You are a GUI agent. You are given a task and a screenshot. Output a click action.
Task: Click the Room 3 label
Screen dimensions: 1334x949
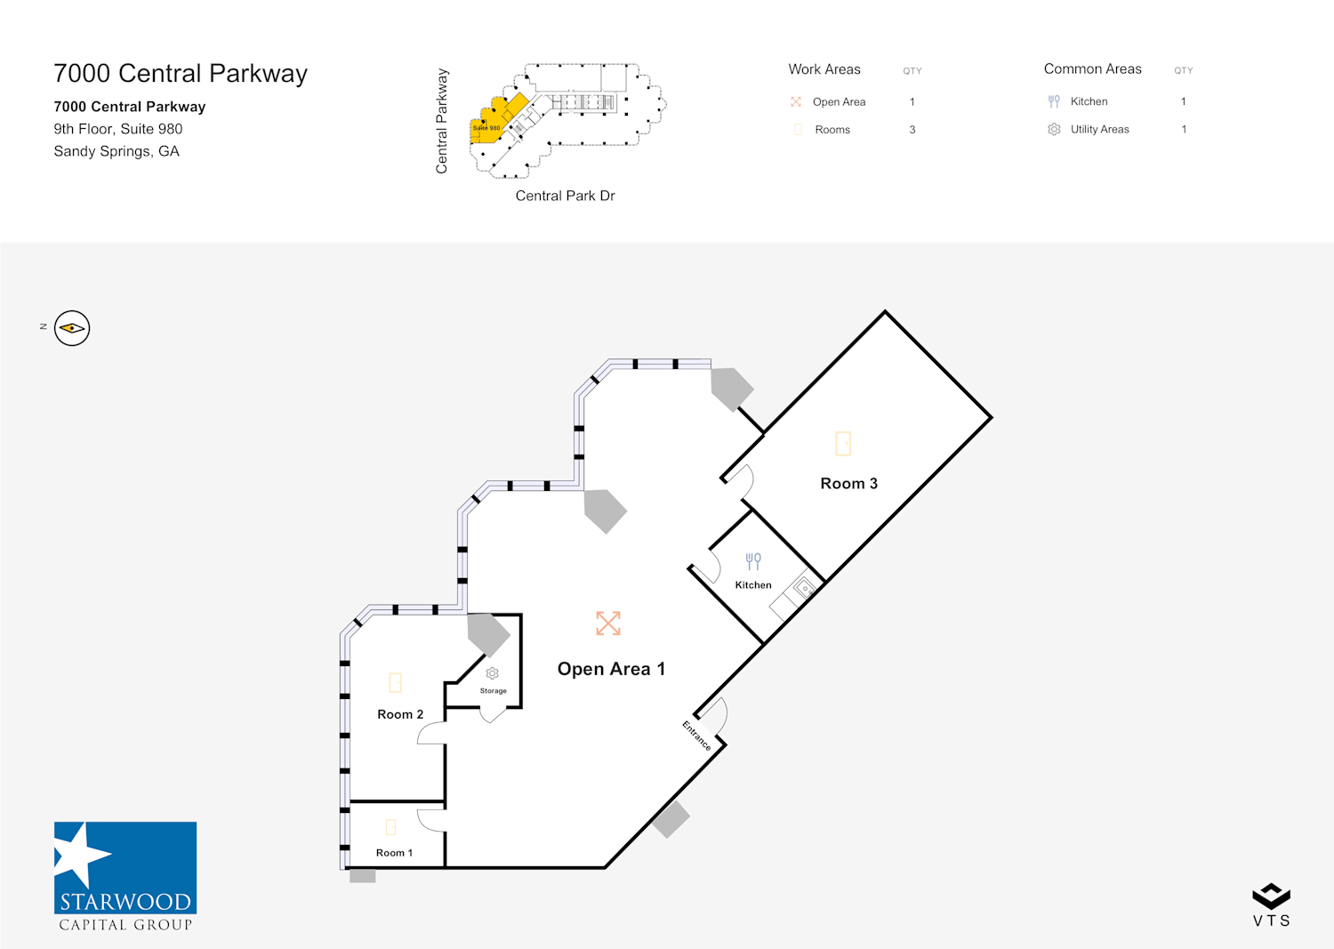click(x=848, y=484)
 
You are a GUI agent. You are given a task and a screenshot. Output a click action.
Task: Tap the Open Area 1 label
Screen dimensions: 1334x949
click(x=611, y=669)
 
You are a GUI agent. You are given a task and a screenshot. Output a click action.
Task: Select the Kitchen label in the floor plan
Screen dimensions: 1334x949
click(x=753, y=585)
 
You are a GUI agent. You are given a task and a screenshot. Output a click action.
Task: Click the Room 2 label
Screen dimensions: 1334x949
click(x=400, y=714)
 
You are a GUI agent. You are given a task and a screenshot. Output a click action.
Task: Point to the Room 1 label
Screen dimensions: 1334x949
click(x=394, y=853)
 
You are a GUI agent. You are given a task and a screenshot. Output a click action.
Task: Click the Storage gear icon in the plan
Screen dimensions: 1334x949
click(x=493, y=673)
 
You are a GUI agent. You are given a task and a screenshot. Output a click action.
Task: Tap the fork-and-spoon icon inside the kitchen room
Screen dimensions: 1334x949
click(x=753, y=561)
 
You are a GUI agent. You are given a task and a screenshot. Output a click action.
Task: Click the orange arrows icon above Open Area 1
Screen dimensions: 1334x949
click(x=608, y=623)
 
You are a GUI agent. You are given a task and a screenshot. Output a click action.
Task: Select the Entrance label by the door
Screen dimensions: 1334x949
click(x=697, y=736)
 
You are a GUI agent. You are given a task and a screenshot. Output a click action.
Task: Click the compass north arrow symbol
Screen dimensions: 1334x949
click(x=72, y=328)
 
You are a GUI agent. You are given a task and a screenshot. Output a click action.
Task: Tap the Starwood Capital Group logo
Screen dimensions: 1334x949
click(x=125, y=876)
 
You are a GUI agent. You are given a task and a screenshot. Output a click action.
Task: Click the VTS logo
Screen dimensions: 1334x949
click(x=1271, y=905)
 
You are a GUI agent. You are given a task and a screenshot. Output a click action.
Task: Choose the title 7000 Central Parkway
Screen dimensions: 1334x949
click(x=181, y=74)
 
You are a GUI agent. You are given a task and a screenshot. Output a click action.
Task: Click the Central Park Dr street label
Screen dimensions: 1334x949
click(x=565, y=196)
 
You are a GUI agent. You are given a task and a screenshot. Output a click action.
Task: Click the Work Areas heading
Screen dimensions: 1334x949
click(x=824, y=69)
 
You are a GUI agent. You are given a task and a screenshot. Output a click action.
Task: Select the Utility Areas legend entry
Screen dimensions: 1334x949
click(x=1099, y=129)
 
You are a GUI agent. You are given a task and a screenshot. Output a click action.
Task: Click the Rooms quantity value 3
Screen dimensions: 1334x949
click(x=912, y=130)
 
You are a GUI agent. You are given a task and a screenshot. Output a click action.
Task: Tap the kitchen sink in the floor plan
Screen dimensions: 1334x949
click(x=804, y=587)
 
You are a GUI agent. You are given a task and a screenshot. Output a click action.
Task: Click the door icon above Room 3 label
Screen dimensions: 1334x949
click(x=843, y=443)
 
